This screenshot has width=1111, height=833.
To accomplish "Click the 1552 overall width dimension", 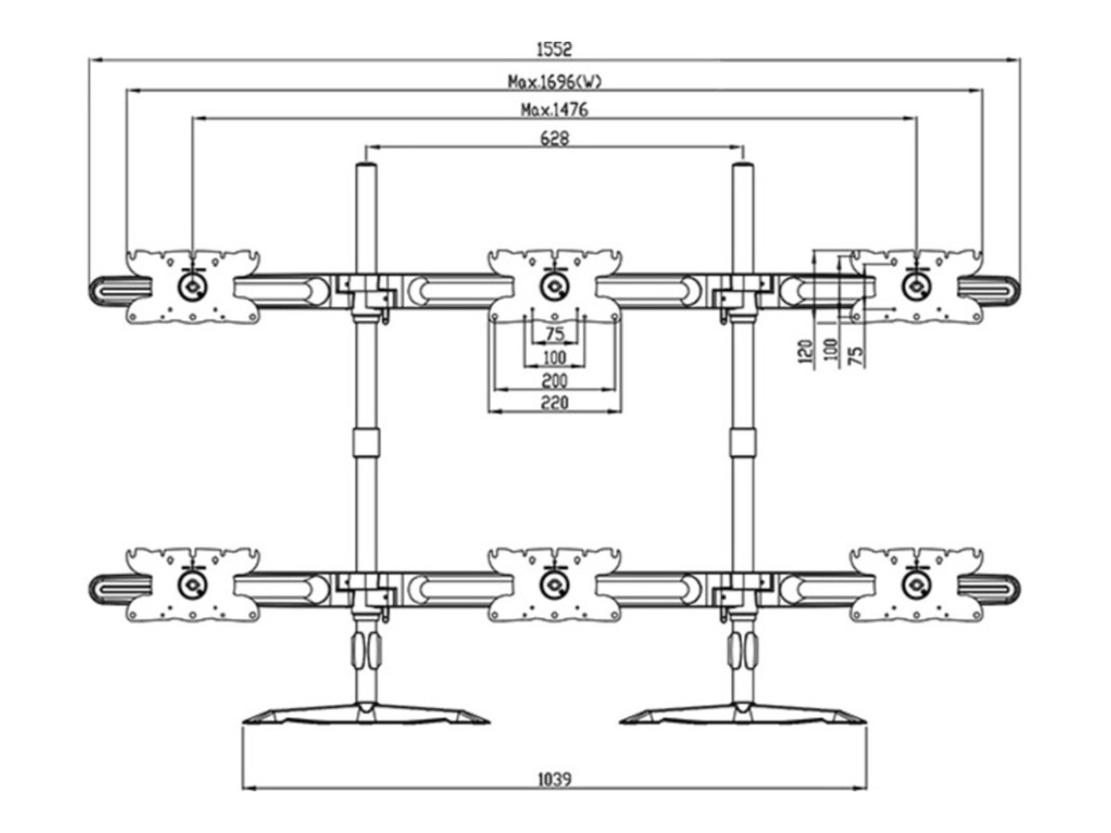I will (x=555, y=49).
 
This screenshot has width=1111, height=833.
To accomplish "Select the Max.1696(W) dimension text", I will (x=555, y=81).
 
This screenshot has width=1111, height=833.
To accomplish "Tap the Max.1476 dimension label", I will (x=555, y=109).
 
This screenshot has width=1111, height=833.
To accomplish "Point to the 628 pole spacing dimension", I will (x=555, y=138).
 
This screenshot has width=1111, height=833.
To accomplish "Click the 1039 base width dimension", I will (x=554, y=779).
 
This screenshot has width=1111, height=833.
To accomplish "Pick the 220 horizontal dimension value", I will (x=555, y=402).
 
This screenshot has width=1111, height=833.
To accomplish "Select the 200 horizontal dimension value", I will (x=555, y=380).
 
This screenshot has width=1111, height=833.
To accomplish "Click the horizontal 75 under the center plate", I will (x=555, y=334).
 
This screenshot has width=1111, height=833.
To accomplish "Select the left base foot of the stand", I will (x=365, y=715).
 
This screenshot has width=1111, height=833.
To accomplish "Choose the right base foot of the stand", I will (x=743, y=715).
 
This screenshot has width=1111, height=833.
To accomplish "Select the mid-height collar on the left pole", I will (x=366, y=441).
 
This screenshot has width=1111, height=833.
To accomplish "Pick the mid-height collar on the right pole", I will (x=743, y=441).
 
